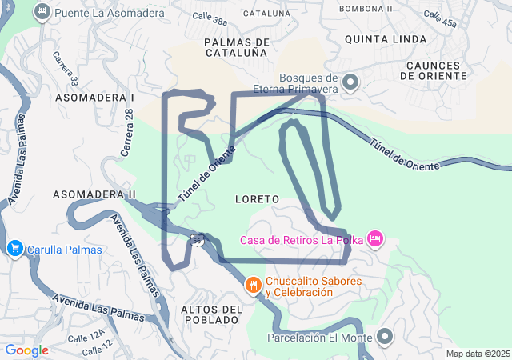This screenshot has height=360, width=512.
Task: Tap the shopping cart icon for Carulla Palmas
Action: coord(14,249)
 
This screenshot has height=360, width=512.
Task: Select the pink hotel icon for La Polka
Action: coord(375,238)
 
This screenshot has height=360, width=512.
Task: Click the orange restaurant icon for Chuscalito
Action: coord(253,286)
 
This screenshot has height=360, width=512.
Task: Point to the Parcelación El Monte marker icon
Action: coord(385,337)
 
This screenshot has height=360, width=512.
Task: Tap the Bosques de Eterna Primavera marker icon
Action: coord(350,82)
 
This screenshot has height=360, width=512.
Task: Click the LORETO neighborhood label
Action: coord(258,198)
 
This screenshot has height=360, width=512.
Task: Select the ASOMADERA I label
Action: coord(94,97)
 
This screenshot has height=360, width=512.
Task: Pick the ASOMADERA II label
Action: coord(94,194)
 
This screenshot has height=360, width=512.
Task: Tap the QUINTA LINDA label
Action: coord(402,38)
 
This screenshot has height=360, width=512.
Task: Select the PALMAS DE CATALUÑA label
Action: coord(235,47)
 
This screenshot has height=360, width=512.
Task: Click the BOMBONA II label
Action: coord(366,9)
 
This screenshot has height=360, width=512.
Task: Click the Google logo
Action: coord(26,350)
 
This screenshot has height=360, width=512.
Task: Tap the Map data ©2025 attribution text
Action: coord(477,354)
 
